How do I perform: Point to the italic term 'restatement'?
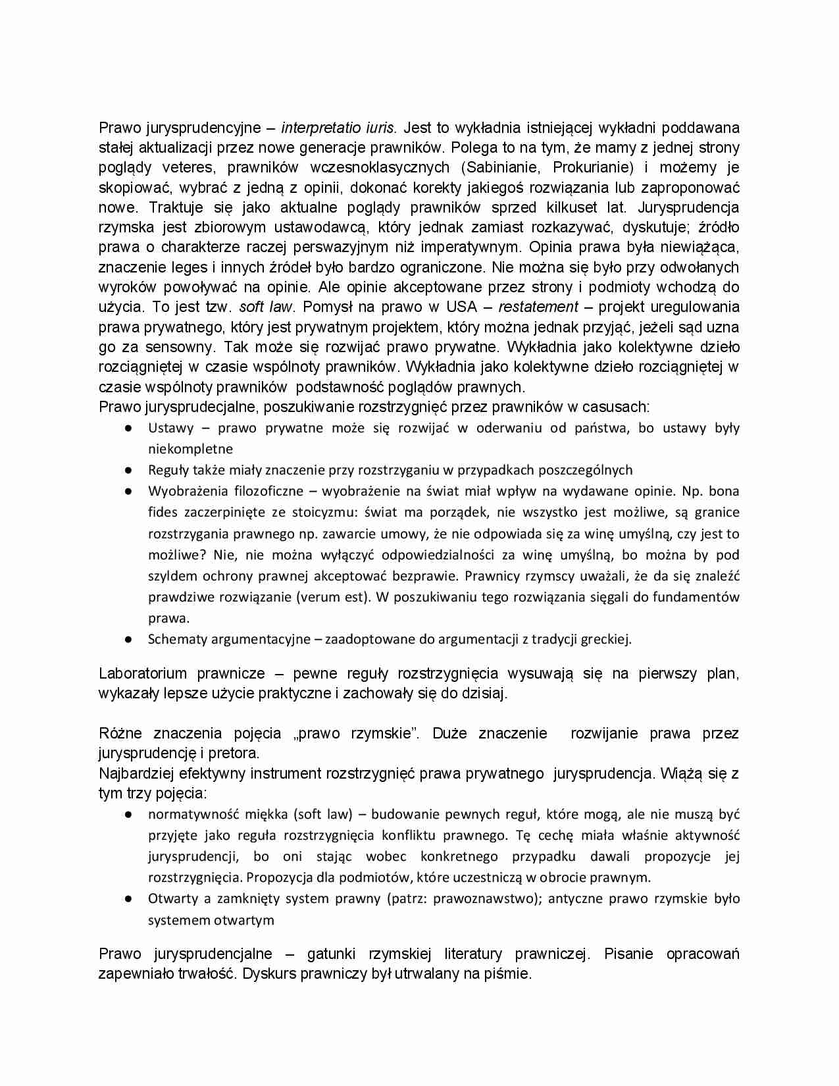click(538, 307)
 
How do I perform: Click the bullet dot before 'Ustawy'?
click(130, 428)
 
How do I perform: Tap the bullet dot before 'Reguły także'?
click(130, 471)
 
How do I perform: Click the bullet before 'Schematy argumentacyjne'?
click(130, 639)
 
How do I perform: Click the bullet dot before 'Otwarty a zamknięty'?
click(130, 899)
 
